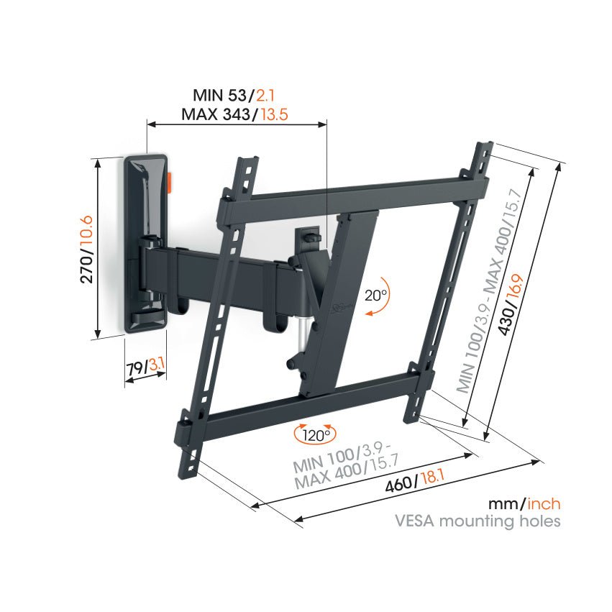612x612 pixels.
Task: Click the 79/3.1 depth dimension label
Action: tap(146, 367)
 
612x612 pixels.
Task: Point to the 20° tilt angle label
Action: tap(375, 294)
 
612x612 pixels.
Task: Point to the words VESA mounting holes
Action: tap(477, 521)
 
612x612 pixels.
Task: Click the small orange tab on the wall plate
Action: tap(170, 182)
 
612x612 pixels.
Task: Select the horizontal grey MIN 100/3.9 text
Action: tap(337, 455)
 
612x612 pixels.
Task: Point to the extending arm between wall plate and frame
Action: tap(216, 270)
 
